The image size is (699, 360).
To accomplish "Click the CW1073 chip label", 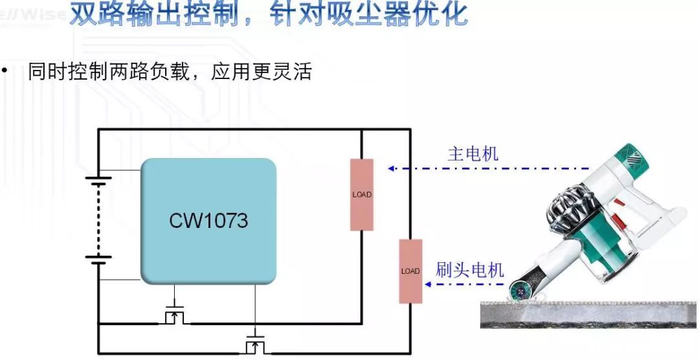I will tap(208, 221).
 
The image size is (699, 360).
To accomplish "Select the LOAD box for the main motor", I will tap(362, 194).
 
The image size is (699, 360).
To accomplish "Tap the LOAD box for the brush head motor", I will tap(410, 271).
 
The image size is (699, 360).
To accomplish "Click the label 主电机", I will tap(473, 154).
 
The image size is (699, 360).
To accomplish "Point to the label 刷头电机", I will tap(469, 269).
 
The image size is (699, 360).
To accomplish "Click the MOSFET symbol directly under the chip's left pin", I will tap(174, 315).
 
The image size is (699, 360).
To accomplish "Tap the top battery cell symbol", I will tap(98, 181).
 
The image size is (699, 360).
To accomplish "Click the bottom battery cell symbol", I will tap(98, 260).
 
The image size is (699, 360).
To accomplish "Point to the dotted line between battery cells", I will tap(98, 220).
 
